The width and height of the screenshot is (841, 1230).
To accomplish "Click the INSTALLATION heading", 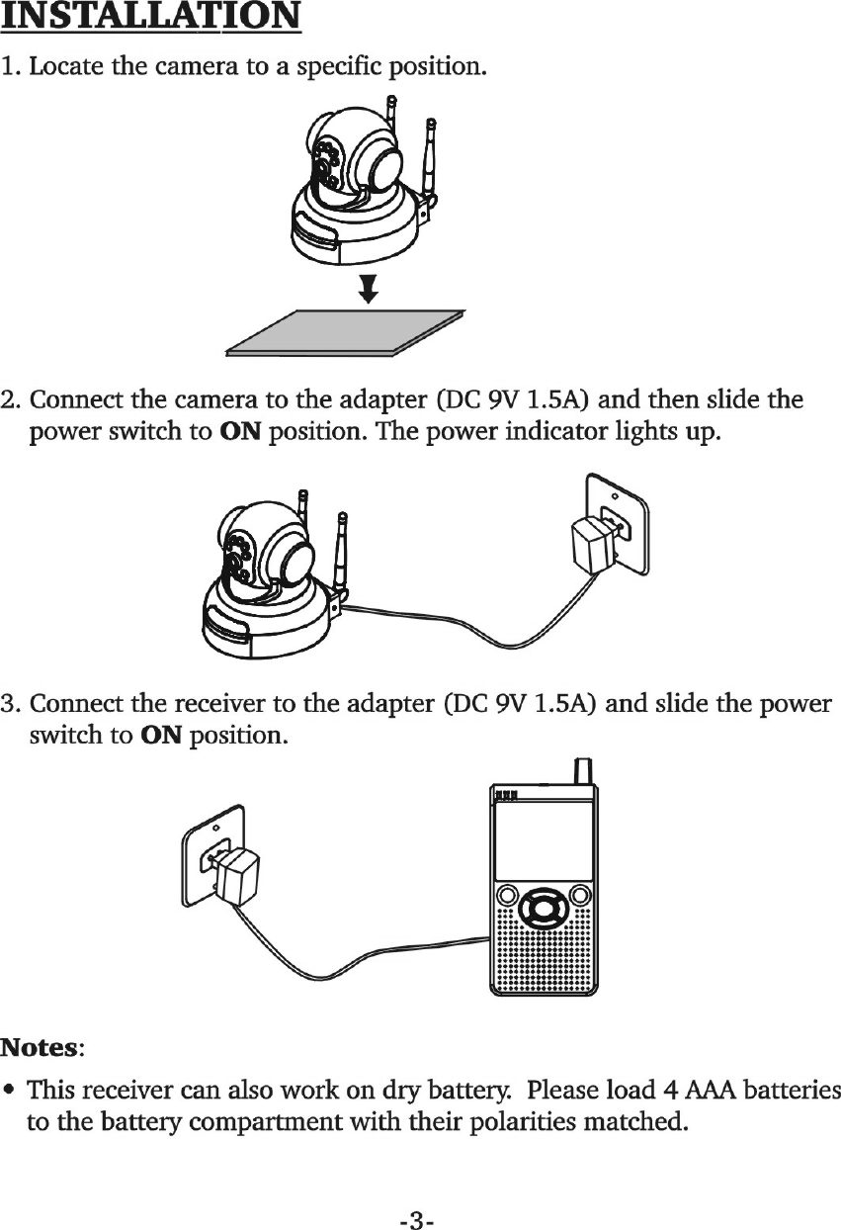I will [x=151, y=18].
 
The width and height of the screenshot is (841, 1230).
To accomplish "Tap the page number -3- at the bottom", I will [x=419, y=1194].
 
